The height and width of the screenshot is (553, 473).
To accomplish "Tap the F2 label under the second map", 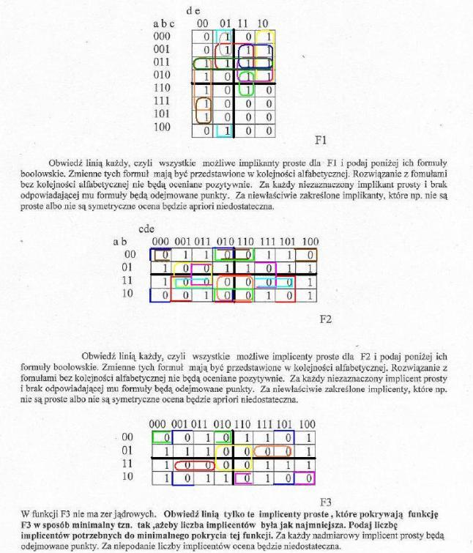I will (x=327, y=318).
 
